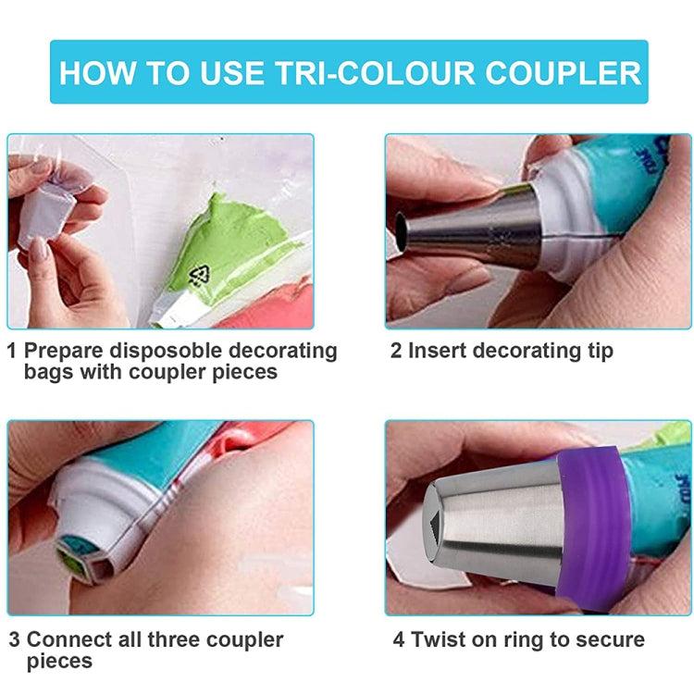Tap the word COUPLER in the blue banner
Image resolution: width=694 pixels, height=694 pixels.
point(565,72)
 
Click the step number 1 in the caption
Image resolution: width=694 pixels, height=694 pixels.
point(12,351)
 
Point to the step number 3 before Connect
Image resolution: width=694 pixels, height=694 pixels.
point(14,639)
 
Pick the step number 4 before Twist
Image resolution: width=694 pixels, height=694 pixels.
point(398,639)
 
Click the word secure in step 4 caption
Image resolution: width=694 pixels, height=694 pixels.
point(606,639)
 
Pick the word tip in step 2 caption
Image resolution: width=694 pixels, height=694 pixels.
point(597,351)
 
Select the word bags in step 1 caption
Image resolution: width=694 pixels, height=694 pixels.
point(50,372)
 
